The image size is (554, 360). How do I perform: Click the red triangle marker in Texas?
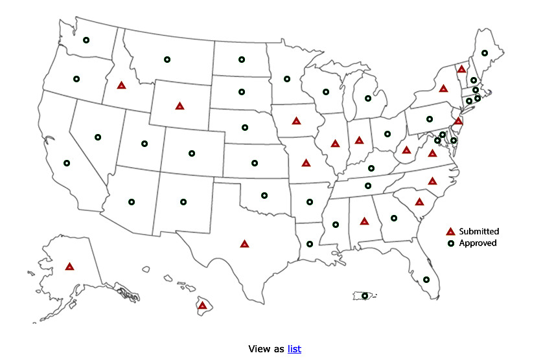pyautogui.click(x=244, y=244)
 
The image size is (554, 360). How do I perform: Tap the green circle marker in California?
pyautogui.click(x=67, y=163)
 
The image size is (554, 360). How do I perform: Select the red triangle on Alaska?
pyautogui.click(x=69, y=267)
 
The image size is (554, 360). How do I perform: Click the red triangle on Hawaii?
pyautogui.click(x=202, y=305)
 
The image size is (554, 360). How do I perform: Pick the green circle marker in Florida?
pyautogui.click(x=426, y=280)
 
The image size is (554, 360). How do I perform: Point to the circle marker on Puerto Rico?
pyautogui.click(x=365, y=296)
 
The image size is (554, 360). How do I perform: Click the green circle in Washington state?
pyautogui.click(x=86, y=40)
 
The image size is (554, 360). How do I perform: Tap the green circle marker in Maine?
pyautogui.click(x=485, y=53)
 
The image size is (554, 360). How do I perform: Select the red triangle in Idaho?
pyautogui.click(x=121, y=85)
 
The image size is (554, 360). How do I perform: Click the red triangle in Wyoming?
pyautogui.click(x=179, y=106)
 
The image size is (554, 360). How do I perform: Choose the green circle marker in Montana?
pyautogui.click(x=167, y=60)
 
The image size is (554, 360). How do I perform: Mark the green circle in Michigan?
pyautogui.click(x=367, y=98)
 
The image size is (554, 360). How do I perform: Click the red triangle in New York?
pyautogui.click(x=443, y=89)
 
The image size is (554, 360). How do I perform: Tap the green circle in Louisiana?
pyautogui.click(x=310, y=244)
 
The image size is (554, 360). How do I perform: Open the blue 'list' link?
pyautogui.click(x=294, y=348)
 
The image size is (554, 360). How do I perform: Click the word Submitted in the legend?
pyautogui.click(x=479, y=231)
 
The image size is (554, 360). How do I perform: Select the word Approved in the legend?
pyautogui.click(x=478, y=243)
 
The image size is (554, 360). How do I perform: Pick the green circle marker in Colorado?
pyautogui.click(x=192, y=153)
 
